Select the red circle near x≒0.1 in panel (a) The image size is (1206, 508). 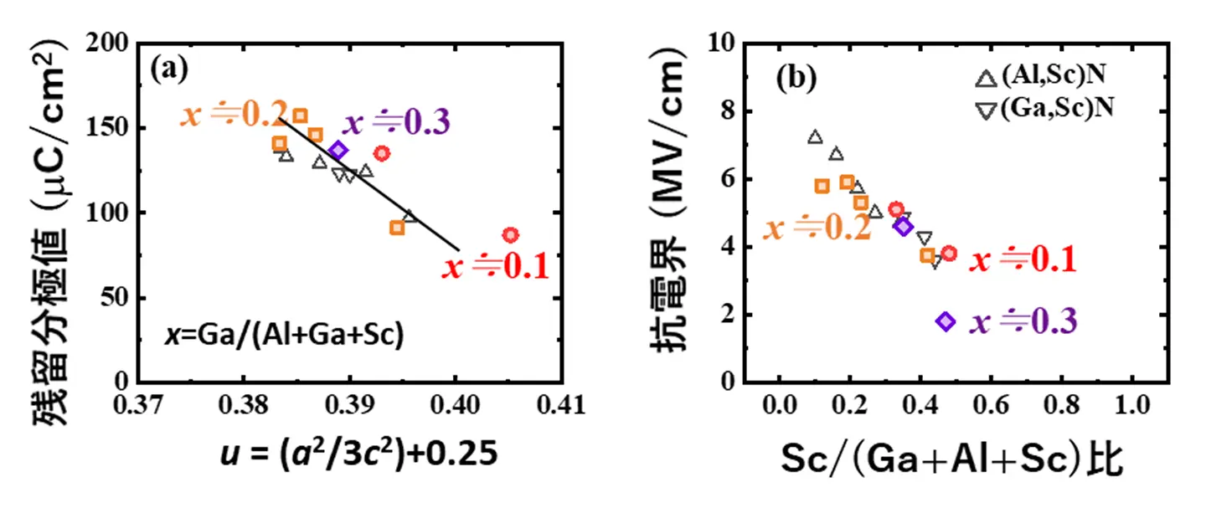[510, 235]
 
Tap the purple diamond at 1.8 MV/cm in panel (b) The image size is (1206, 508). [946, 321]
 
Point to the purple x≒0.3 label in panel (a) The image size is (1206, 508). [398, 123]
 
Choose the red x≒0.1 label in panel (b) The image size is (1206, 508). [1022, 260]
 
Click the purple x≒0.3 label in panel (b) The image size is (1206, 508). [1023, 322]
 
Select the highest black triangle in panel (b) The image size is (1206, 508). [815, 137]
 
